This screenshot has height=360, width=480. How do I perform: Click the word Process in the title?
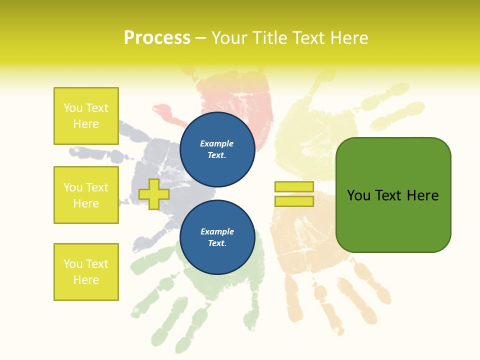click(x=157, y=38)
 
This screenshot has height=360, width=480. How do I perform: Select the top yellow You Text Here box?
click(x=86, y=116)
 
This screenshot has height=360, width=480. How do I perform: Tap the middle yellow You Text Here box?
click(x=86, y=195)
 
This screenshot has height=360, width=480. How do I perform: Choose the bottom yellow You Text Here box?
click(x=86, y=272)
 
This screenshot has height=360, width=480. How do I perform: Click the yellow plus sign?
click(x=153, y=194)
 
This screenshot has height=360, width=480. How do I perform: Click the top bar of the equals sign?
click(x=294, y=187)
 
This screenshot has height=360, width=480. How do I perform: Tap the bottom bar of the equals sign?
click(x=294, y=201)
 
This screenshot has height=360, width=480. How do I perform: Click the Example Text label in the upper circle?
click(x=217, y=149)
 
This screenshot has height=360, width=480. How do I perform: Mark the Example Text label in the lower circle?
click(x=217, y=237)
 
